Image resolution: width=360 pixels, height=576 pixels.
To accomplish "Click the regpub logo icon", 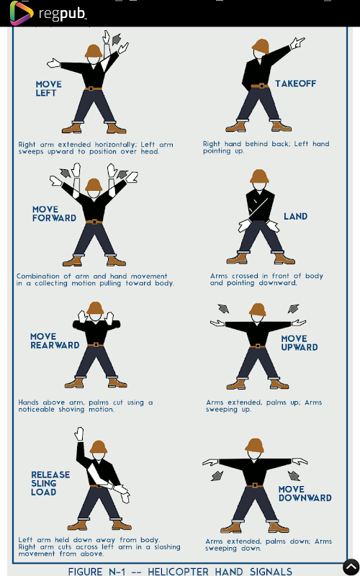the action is [x=22, y=13].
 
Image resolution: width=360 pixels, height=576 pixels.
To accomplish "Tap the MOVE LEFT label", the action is [x=48, y=89].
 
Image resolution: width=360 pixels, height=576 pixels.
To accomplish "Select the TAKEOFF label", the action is [x=296, y=84].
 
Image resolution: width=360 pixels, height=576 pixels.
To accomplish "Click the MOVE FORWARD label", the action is [x=54, y=213].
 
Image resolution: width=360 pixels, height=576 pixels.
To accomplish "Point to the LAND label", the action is [x=296, y=217].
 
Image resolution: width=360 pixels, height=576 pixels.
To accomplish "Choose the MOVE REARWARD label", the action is [x=55, y=341].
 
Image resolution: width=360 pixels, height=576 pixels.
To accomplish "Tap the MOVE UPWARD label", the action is [x=300, y=343].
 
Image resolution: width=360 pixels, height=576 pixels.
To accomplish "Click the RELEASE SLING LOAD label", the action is [x=50, y=483].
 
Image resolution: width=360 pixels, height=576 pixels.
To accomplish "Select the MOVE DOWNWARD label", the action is [x=305, y=494].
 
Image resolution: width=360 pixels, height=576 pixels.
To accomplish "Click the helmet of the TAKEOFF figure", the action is [x=261, y=46].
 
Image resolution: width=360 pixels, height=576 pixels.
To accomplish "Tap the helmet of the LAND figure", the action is [x=259, y=176].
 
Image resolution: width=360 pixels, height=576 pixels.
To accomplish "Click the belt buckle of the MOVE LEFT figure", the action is [x=93, y=89].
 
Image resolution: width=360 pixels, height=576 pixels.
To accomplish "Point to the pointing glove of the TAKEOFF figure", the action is [x=297, y=43].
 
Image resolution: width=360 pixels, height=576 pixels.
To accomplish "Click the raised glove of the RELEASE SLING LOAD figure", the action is [x=79, y=434].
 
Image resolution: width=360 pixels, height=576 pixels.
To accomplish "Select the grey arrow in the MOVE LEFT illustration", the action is [x=117, y=39].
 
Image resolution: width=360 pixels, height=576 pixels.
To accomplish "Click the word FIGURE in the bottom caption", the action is [x=86, y=571].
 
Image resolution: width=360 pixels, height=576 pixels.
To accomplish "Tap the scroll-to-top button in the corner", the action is [x=351, y=567].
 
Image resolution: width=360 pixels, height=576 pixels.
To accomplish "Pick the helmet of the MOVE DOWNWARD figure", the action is [x=255, y=446].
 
